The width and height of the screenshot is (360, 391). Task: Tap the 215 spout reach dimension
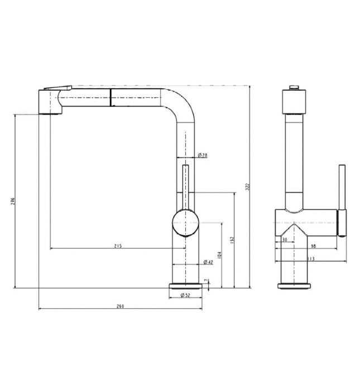[118, 245]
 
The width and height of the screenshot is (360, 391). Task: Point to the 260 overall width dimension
[119, 306]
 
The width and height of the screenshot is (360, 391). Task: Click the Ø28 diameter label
[202, 155]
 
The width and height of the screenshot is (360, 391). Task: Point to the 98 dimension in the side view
[314, 246]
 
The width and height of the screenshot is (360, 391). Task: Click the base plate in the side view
[294, 285]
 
